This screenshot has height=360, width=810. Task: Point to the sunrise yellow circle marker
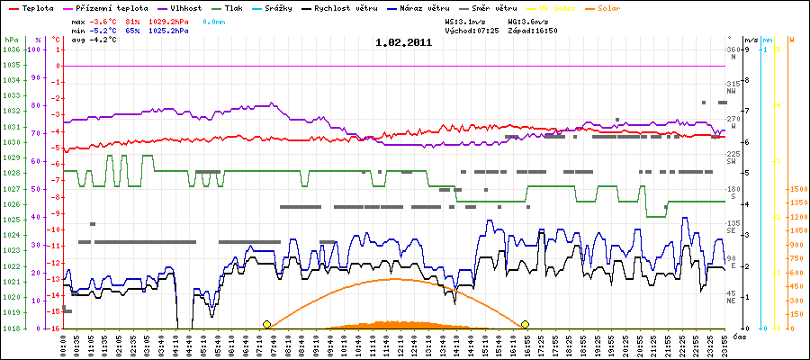click(x=266, y=324)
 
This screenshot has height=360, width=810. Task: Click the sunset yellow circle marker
click(x=525, y=324)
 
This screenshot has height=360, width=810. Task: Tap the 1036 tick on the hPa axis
click(x=10, y=49)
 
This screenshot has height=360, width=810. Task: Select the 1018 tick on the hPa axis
click(x=10, y=328)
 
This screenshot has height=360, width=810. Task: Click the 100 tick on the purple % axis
click(x=35, y=49)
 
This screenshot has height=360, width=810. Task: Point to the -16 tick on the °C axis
click(x=56, y=328)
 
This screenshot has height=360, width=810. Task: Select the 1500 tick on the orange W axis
click(x=796, y=189)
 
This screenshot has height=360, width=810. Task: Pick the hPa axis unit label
click(x=10, y=40)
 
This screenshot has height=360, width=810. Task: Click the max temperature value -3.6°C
click(x=105, y=20)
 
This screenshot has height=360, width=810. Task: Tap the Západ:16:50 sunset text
click(x=533, y=30)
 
